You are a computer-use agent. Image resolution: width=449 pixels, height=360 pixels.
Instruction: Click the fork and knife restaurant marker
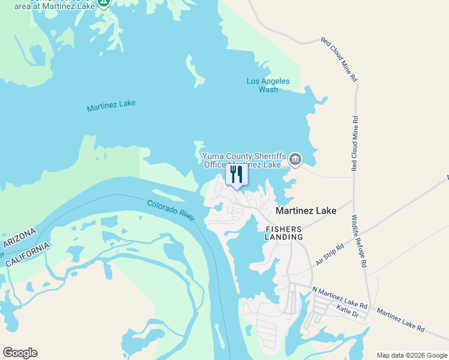tap(236, 175)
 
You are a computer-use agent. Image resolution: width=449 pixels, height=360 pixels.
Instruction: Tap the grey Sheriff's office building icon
tap(295, 160)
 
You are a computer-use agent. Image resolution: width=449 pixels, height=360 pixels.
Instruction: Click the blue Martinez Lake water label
tap(111, 106)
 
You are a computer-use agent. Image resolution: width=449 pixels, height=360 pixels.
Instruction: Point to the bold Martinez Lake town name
tap(306, 211)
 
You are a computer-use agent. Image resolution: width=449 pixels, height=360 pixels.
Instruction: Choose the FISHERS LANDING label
tap(284, 233)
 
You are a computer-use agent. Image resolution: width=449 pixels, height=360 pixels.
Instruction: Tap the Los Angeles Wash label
tap(268, 85)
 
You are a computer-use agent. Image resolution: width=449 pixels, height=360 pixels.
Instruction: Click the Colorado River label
tap(171, 210)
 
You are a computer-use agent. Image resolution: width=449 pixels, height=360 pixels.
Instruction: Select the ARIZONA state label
tap(20, 238)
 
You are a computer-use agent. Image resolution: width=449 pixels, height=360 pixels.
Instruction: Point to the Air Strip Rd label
tap(330, 255)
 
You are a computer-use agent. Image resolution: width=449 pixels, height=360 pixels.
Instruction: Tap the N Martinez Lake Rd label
tap(339, 296)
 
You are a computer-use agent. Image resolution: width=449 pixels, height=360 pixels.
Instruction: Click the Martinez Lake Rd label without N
tap(400, 320)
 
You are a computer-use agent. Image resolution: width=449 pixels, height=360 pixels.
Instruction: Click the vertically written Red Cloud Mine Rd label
tap(355, 143)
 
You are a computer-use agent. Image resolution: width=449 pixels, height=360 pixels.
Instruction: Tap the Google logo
tap(20, 353)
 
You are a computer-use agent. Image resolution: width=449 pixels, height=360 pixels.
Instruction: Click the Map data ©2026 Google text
tap(412, 355)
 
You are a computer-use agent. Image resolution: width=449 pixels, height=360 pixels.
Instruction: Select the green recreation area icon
tap(104, 3)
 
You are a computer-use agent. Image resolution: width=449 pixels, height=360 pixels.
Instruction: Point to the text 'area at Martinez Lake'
tap(62, 5)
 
